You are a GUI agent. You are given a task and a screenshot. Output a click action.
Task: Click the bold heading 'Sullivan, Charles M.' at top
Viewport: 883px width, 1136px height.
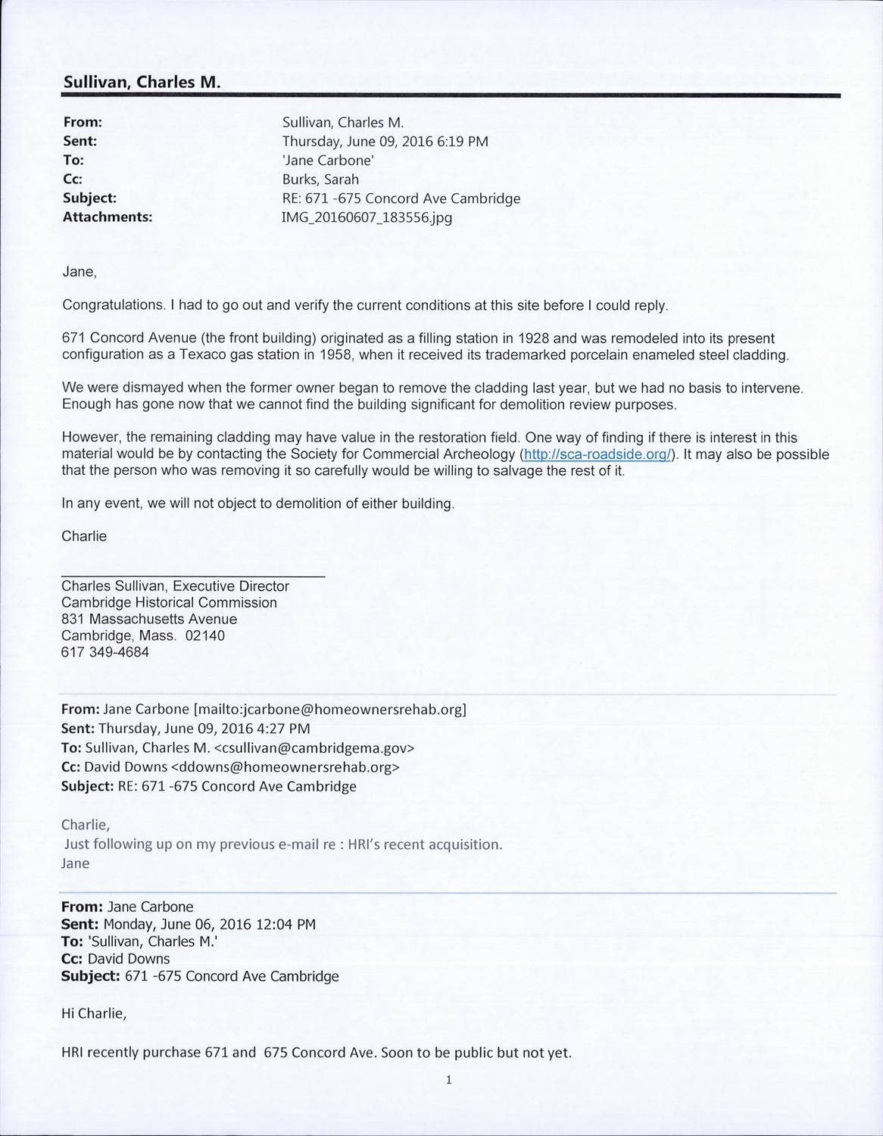[142, 82]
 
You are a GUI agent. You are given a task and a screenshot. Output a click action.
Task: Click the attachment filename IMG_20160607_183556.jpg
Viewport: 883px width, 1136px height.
[367, 217]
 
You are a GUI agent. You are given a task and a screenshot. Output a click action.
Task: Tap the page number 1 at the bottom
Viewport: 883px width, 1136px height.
[449, 1081]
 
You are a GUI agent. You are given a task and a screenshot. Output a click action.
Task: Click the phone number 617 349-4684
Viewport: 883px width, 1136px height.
[105, 651]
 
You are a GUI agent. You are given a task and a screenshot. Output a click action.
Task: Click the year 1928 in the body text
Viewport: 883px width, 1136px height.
[533, 338]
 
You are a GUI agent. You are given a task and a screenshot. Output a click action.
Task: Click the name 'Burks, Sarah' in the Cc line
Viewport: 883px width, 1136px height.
[320, 179]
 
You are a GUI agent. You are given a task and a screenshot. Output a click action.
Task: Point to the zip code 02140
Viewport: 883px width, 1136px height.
[205, 635]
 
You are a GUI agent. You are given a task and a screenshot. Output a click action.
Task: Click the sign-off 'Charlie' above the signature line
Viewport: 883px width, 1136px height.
[84, 536]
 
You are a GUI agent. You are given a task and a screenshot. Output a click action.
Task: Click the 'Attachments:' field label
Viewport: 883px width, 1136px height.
[108, 217]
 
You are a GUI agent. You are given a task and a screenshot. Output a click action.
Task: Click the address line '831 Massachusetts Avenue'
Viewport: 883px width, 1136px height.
[149, 619]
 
